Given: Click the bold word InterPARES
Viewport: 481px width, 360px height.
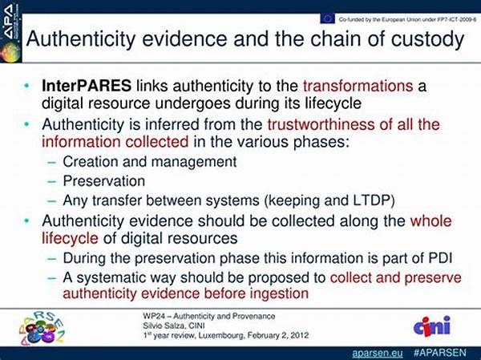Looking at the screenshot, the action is (87, 86).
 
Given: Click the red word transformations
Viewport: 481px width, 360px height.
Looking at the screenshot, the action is (358, 86).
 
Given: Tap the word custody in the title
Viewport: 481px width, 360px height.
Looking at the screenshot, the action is (427, 39).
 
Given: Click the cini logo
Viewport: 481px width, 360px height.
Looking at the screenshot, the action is (432, 326).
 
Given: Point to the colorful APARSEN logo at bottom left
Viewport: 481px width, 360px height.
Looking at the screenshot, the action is (42, 328).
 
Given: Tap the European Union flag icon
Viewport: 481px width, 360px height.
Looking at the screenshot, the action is (327, 18).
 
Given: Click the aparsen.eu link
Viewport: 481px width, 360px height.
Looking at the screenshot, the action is (378, 353).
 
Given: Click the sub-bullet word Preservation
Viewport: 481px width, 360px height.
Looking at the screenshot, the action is (104, 181).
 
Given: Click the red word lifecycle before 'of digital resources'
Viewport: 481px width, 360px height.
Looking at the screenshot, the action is (70, 238).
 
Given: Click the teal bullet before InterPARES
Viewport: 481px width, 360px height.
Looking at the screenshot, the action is (27, 86).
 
